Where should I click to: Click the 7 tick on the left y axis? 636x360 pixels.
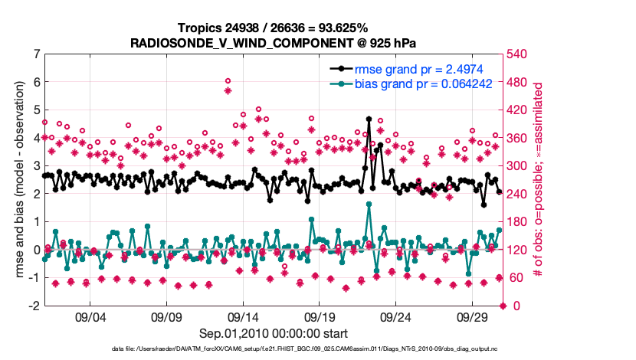[36, 54]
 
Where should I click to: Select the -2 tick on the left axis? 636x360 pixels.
[34, 306]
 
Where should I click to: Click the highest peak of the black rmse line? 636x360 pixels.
[369, 119]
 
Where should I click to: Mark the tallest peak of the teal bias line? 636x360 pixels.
[369, 204]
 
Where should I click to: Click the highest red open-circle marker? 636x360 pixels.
[228, 80]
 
